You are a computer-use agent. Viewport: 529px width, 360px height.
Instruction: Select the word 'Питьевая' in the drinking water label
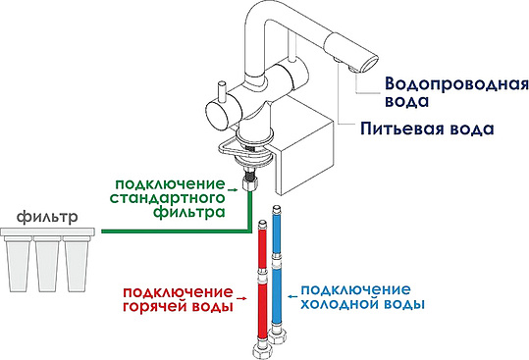pyautogui.click(x=397, y=129)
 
